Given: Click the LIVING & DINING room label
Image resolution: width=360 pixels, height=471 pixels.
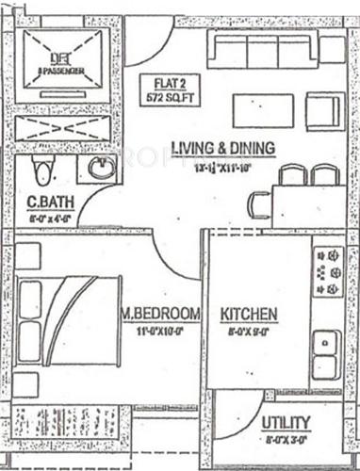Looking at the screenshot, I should click(x=222, y=148).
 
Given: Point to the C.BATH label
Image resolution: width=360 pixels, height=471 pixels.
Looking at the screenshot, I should click(x=44, y=200).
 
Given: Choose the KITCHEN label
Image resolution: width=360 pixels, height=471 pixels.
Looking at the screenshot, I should click(x=248, y=314).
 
